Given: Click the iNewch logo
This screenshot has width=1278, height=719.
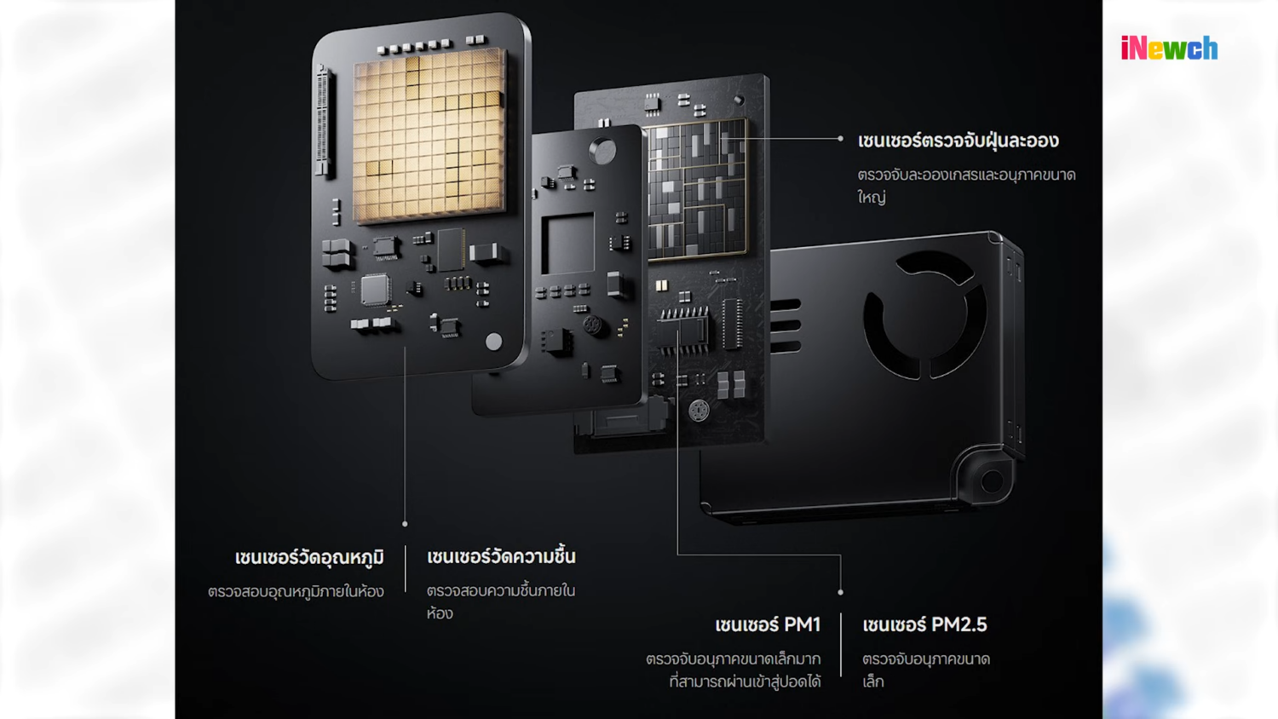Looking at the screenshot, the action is (1169, 48).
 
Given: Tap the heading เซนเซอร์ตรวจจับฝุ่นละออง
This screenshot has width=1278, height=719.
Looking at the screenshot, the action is (958, 141).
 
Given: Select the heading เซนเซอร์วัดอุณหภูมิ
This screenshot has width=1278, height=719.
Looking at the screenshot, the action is (309, 557).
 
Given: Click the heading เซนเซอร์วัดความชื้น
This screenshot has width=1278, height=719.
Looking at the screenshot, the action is (501, 556).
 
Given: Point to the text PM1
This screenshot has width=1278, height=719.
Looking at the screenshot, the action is (803, 624).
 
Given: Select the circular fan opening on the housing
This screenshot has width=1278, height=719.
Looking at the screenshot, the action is (924, 315).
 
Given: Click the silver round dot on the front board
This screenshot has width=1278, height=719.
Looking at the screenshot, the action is (493, 342).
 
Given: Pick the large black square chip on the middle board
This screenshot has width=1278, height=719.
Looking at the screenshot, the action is (567, 243).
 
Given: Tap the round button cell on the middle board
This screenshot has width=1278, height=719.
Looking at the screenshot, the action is (602, 151).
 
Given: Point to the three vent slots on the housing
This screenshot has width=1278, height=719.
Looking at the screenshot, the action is (786, 325).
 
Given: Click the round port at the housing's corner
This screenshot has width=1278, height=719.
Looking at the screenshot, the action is (992, 481).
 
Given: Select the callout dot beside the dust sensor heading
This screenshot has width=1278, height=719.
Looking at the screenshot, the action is (840, 138).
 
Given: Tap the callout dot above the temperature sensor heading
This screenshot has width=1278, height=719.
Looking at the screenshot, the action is (405, 524).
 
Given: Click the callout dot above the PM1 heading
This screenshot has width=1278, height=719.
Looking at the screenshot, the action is (840, 592).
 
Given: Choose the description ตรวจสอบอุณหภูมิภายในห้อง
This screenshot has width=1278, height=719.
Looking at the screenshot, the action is (296, 591).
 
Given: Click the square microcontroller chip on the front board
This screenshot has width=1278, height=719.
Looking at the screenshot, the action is (376, 290).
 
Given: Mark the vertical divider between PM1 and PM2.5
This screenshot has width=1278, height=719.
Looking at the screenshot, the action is (841, 645).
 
